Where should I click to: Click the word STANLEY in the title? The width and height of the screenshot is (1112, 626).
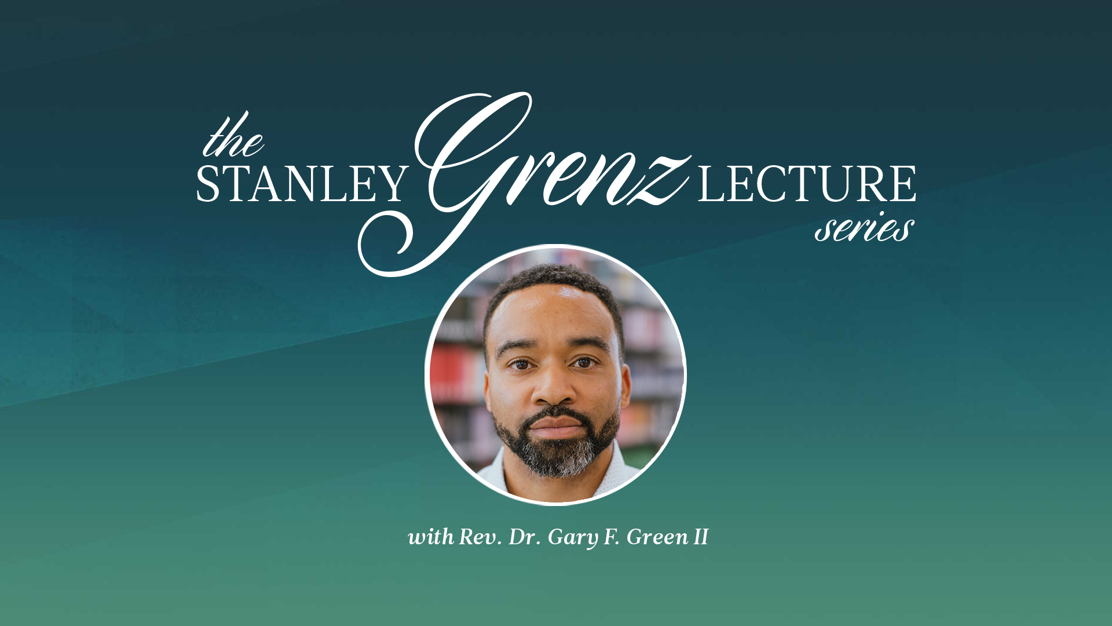(302, 184)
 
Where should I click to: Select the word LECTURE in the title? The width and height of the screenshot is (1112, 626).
(807, 184)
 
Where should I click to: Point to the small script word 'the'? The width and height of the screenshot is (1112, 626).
(233, 136)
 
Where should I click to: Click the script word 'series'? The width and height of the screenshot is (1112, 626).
(865, 227)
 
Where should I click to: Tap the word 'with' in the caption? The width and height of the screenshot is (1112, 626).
(431, 537)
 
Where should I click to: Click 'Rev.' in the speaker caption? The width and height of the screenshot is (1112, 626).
(480, 537)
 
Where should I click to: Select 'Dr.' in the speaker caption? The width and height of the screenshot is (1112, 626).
(524, 537)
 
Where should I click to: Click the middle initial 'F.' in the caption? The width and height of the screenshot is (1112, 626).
(612, 537)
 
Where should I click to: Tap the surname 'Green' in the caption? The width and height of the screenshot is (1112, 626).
(657, 537)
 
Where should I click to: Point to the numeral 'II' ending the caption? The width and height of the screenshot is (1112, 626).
(701, 537)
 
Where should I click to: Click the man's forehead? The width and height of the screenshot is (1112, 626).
(553, 313)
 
